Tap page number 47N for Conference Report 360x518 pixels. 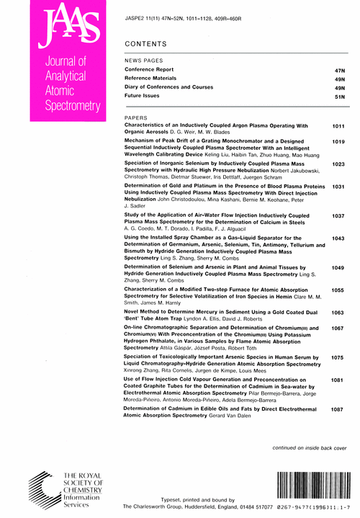click(341, 70)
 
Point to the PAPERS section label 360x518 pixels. click(137, 116)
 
